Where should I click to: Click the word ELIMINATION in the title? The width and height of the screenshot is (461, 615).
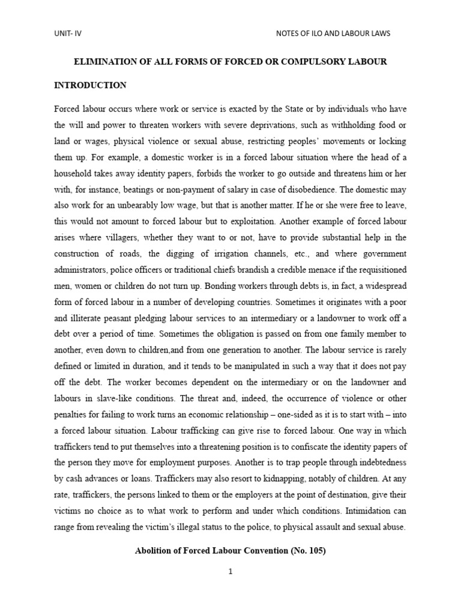(104, 62)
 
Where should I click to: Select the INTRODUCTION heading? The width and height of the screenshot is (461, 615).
(90, 85)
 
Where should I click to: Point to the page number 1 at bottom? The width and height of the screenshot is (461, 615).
(230, 572)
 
